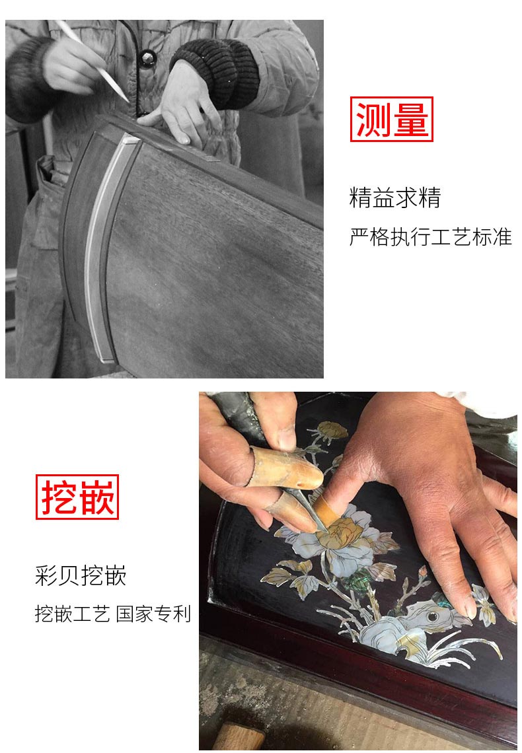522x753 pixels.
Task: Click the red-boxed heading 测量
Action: tap(391, 119)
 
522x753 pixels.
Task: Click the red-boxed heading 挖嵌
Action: tap(77, 497)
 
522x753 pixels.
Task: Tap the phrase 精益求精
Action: tap(394, 197)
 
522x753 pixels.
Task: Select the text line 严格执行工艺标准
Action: tap(430, 237)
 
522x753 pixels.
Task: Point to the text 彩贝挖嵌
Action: tap(80, 575)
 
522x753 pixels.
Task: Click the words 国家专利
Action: tap(154, 614)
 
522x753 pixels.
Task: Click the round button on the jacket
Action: tap(147, 59)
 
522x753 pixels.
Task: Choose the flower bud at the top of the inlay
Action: tap(332, 430)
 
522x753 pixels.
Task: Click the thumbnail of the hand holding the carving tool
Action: tap(286, 438)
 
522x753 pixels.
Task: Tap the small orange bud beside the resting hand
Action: tap(422, 572)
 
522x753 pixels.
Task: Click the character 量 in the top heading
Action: tap(410, 119)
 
